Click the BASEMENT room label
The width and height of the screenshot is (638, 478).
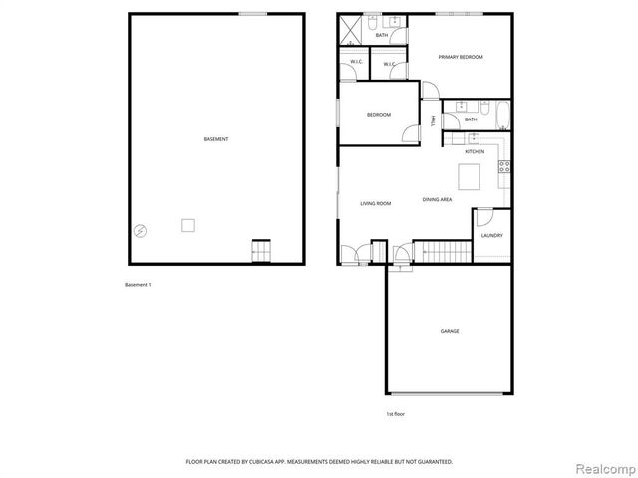216,139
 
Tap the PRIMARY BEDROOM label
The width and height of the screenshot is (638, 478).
461,57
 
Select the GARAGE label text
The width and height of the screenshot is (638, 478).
450,330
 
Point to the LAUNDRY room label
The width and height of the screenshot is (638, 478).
491,236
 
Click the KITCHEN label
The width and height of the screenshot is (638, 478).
475,152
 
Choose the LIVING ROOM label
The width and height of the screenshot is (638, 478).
376,203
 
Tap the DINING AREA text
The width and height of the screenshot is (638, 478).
437,200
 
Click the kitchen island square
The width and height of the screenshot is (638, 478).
469,176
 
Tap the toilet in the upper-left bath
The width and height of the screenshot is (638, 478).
370,21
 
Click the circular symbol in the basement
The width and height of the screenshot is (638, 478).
141,230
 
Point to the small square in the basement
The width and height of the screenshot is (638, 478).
187,226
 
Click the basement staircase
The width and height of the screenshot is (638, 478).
261,253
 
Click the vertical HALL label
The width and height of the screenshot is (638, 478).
433,121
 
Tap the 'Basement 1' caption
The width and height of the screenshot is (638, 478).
138,285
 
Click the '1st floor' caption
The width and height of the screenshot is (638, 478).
395,413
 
